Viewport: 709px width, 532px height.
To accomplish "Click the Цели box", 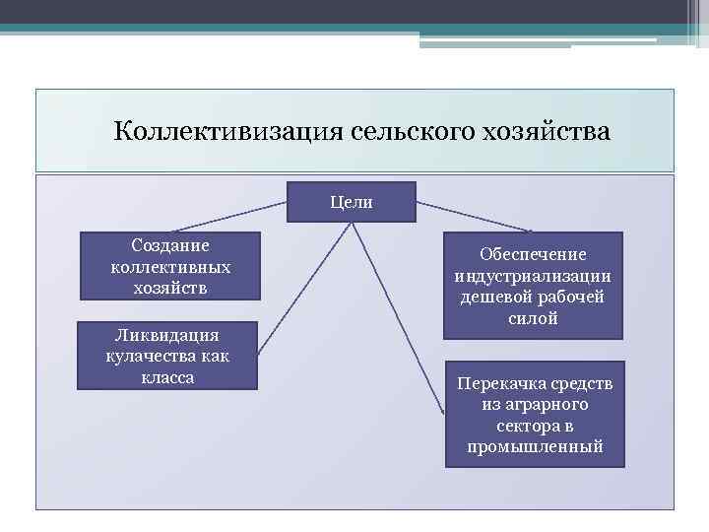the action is [352, 203].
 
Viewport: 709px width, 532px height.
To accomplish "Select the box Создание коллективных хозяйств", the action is [170, 266].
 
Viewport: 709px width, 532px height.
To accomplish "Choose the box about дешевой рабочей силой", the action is [533, 286].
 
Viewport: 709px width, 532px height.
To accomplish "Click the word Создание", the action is [170, 245].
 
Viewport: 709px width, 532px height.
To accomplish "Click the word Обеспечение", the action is [533, 254].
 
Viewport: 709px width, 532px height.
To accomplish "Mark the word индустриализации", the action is [533, 276].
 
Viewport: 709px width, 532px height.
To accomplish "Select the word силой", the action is [533, 319].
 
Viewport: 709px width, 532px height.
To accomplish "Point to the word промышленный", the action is [535, 447].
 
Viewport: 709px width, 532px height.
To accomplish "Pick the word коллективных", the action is [170, 266].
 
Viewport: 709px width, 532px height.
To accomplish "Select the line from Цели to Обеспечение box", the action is [475, 217].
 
